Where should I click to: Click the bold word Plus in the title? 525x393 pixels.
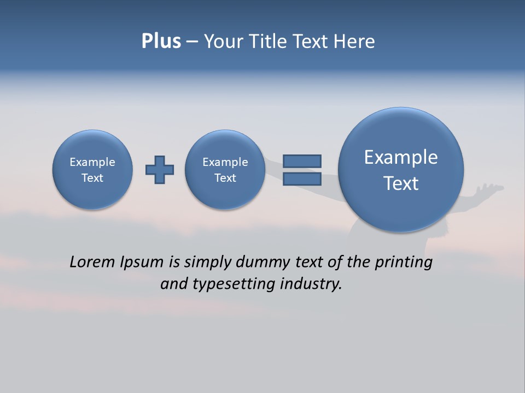(161, 41)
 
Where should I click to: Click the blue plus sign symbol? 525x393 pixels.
(160, 170)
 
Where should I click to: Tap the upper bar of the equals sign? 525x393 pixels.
(302, 161)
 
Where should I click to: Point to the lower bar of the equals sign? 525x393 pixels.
(302, 178)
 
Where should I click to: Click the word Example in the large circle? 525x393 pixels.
(401, 157)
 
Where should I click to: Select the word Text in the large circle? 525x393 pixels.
(401, 183)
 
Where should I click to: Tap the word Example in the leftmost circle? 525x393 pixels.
(92, 162)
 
